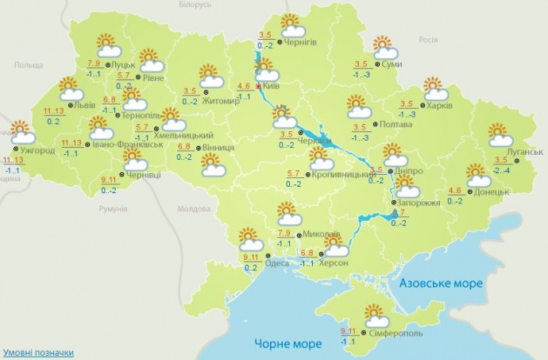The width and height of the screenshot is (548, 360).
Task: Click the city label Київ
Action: point(276,87)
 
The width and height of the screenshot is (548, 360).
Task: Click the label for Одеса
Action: point(276,263)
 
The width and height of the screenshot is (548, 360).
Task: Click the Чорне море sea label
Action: point(289,343)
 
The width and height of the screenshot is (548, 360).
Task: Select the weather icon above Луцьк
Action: point(108,45)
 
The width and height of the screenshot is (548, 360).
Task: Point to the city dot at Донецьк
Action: point(469,192)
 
